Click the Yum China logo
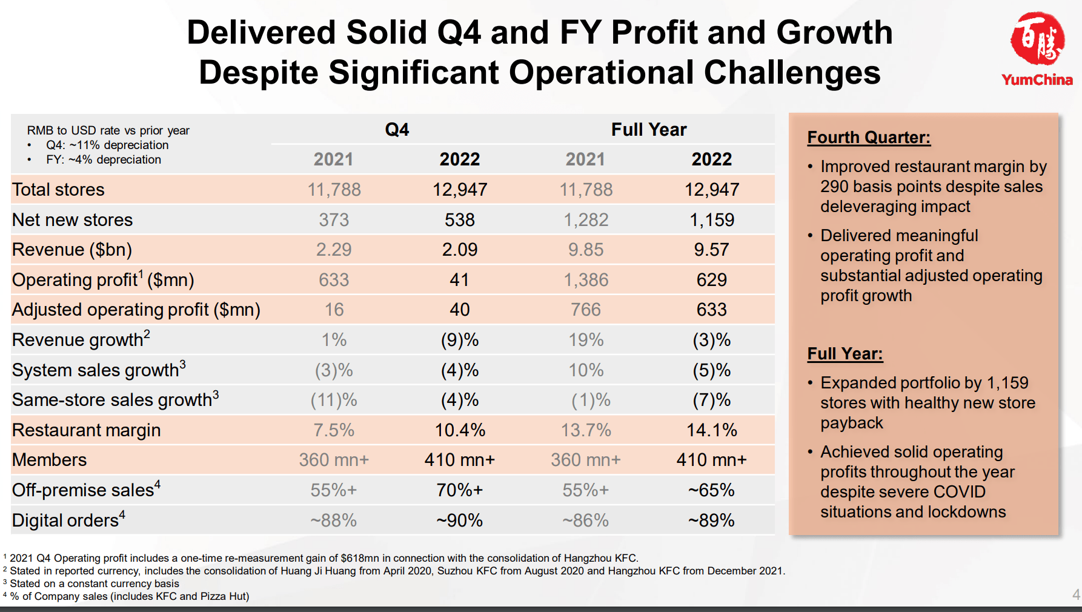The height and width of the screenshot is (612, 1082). point(1037,48)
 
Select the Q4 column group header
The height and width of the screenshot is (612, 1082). point(397,130)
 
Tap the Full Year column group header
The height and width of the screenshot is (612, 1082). point(649,130)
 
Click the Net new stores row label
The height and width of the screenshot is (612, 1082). point(73,220)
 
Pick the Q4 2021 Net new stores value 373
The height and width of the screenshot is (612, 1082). point(334,220)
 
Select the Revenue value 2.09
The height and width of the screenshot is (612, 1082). point(460,250)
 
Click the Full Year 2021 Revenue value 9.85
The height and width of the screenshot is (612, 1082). point(586,250)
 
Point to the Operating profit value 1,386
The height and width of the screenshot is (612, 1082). point(586,280)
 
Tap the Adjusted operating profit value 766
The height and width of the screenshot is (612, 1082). point(586,310)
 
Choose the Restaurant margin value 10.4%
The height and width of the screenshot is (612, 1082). point(460,430)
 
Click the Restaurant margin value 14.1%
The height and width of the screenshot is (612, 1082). point(712,430)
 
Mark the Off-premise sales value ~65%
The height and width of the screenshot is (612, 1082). point(712,490)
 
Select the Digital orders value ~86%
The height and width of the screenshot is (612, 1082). point(586,521)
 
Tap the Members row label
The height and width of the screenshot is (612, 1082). point(50,460)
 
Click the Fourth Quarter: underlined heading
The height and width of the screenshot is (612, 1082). point(869,138)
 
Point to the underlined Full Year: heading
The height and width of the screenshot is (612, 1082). point(845,354)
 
